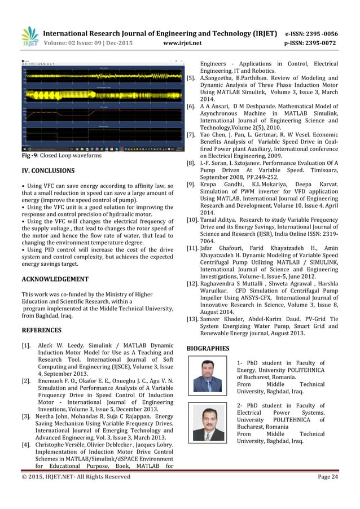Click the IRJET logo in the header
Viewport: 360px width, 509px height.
coord(29,36)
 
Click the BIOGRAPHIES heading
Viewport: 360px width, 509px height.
coord(208,348)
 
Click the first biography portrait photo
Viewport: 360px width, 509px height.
coord(207,375)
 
